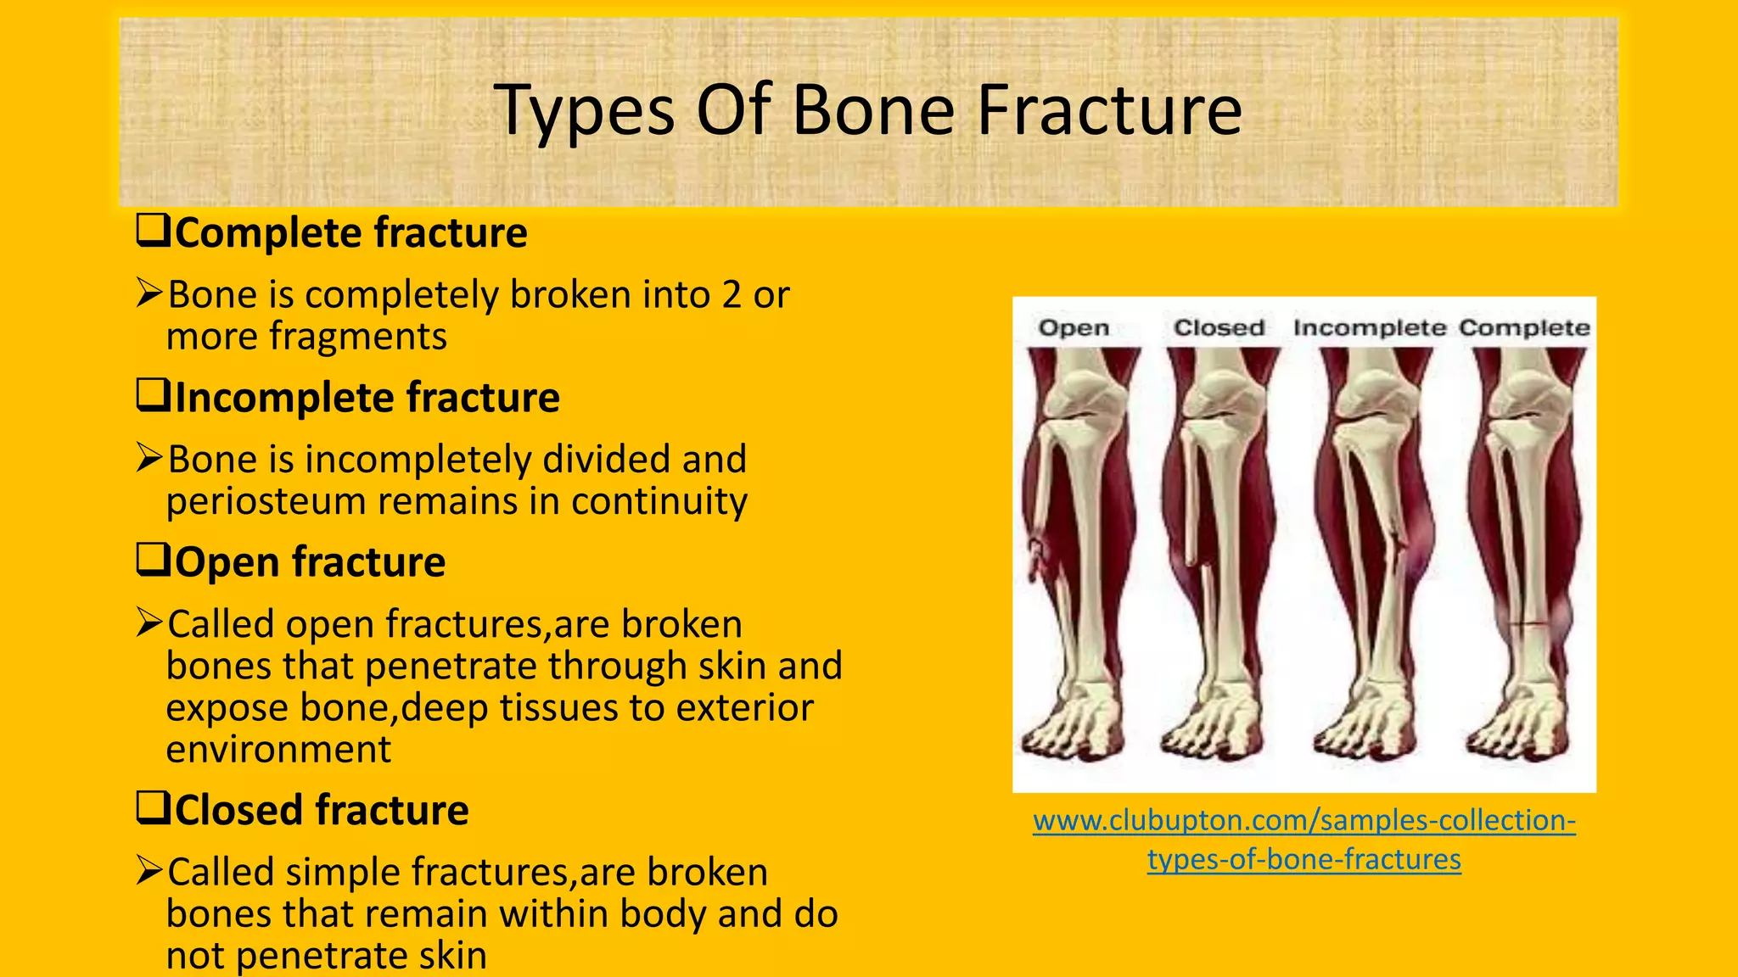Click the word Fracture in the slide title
click(1110, 110)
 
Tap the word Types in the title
click(584, 112)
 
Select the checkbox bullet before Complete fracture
click(154, 231)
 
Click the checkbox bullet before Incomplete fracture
click(154, 395)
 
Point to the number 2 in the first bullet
click(732, 295)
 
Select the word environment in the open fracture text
click(278, 750)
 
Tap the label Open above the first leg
click(1074, 327)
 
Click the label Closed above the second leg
click(1219, 327)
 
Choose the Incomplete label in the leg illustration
click(1369, 327)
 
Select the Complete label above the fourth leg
click(1524, 327)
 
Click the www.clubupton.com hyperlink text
click(1303, 821)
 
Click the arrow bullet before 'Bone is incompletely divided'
click(149, 458)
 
